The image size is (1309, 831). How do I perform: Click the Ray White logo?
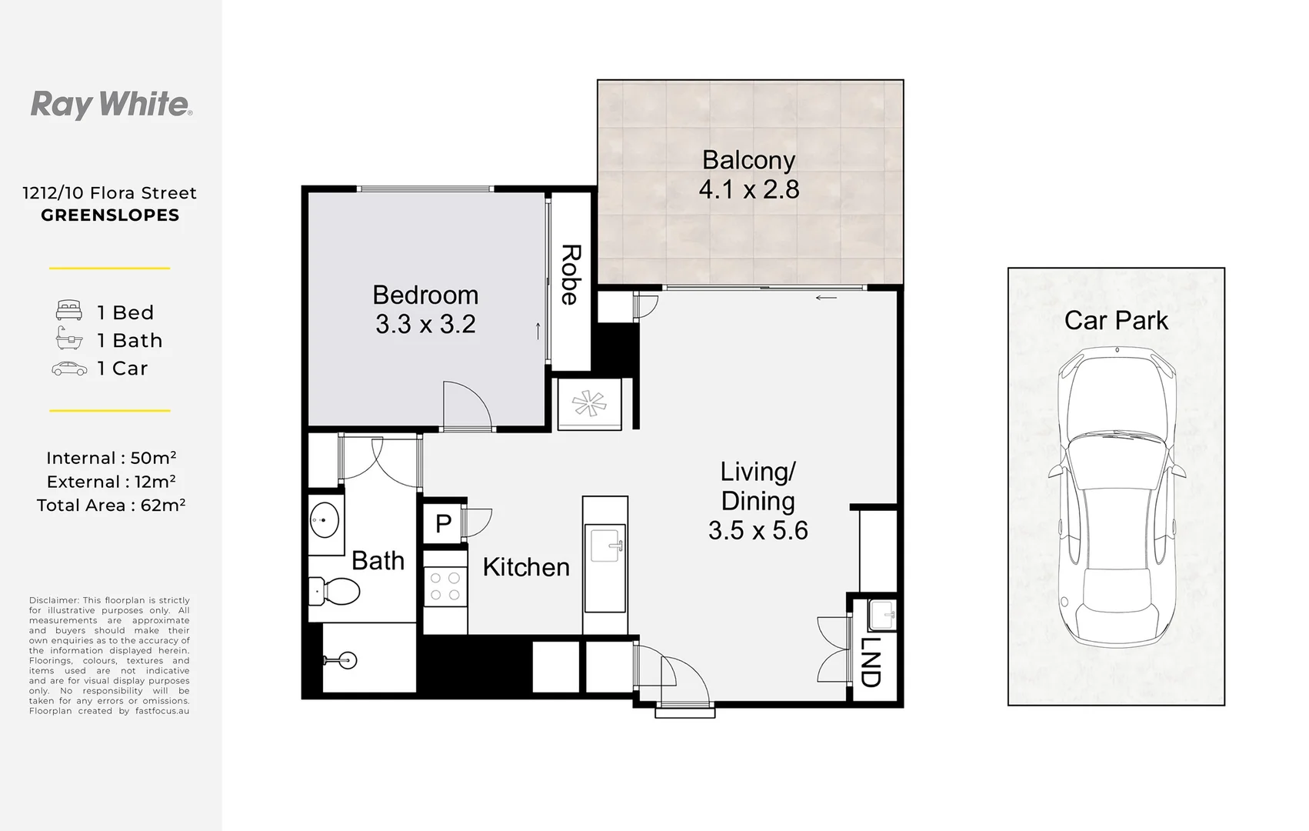(x=111, y=105)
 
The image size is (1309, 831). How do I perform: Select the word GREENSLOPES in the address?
(x=110, y=215)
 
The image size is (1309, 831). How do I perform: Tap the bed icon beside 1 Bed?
(x=69, y=310)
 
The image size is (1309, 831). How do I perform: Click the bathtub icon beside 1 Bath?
(x=69, y=338)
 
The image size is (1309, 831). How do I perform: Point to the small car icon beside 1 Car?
(x=69, y=369)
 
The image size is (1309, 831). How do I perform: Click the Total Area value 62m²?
(x=163, y=505)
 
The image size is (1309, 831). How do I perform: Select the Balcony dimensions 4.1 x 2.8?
(x=748, y=189)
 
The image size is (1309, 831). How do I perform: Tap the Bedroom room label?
(x=425, y=295)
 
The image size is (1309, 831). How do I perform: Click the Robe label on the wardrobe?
(x=571, y=275)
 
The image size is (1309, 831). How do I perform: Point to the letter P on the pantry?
(x=444, y=523)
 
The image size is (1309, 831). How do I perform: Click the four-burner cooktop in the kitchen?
(x=445, y=586)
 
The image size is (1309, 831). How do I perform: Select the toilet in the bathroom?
(x=334, y=591)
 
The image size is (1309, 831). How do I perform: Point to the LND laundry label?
(x=871, y=662)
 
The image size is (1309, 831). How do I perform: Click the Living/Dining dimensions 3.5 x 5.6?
(x=758, y=531)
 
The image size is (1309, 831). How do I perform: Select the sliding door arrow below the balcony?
(x=826, y=298)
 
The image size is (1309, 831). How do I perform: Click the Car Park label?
(x=1116, y=320)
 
